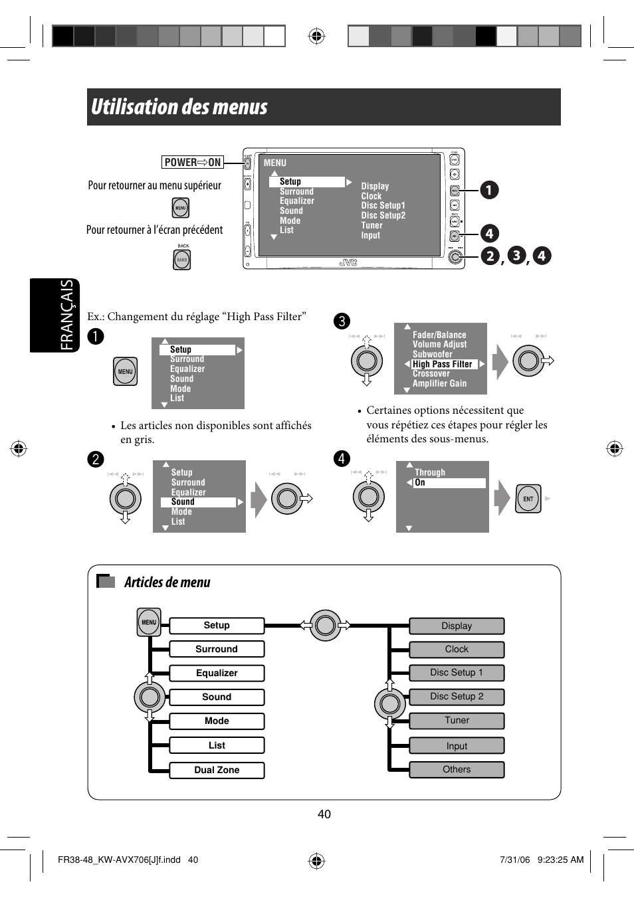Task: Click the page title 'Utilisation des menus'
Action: click(179, 107)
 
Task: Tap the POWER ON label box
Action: click(193, 162)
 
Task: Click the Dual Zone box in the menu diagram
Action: click(217, 770)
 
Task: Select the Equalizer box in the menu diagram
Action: click(217, 673)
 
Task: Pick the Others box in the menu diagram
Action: click(457, 769)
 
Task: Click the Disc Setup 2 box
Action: click(457, 696)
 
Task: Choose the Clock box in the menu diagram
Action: click(457, 649)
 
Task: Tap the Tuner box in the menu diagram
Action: click(457, 720)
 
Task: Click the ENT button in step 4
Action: click(528, 499)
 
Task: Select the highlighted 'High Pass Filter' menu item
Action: click(443, 364)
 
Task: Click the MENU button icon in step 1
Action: click(126, 371)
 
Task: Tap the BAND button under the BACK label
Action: click(182, 260)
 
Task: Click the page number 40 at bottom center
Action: click(324, 814)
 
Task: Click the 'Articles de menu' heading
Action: click(167, 583)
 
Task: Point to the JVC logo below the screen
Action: click(348, 263)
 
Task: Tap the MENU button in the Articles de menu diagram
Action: click(149, 622)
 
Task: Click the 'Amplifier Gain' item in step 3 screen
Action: click(439, 383)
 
